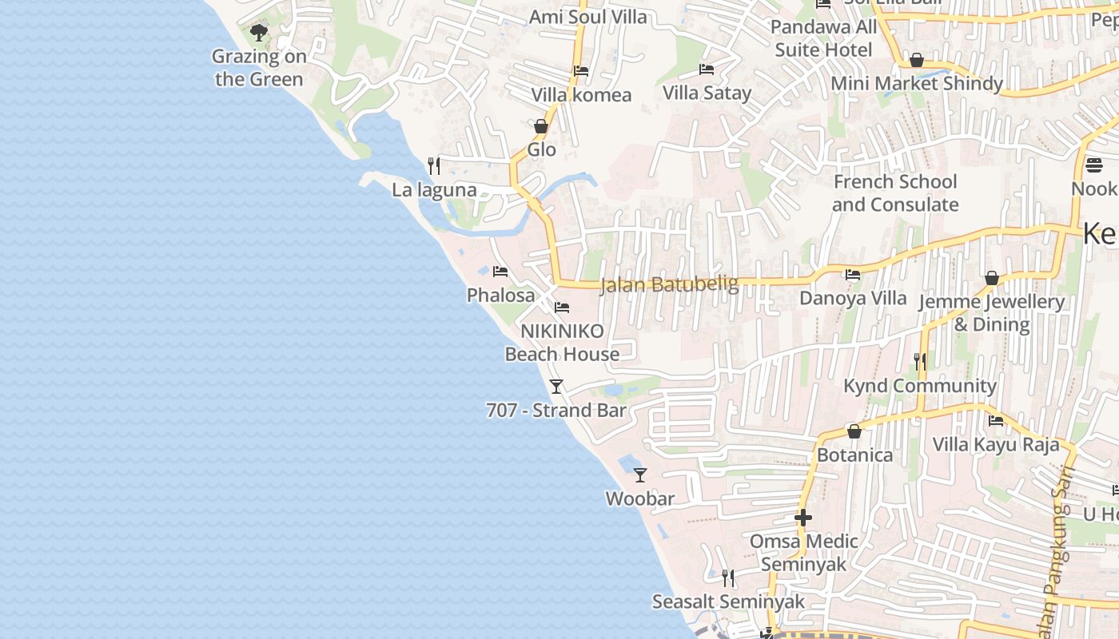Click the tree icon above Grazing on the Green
258,33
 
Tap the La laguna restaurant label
434,190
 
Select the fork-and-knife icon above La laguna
434,166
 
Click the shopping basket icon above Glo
541,126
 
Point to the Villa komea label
581,95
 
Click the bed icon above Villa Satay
707,69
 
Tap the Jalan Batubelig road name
668,284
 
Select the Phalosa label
500,296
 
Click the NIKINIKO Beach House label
562,343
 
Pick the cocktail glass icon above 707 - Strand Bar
556,387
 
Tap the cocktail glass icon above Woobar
640,475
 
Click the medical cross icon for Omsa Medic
803,518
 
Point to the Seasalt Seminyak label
728,601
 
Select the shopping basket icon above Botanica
854,431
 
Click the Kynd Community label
920,386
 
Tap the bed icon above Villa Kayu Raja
996,421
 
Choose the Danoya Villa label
853,299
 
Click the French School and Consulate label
895,193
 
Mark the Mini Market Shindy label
917,84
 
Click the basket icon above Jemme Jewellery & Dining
992,278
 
